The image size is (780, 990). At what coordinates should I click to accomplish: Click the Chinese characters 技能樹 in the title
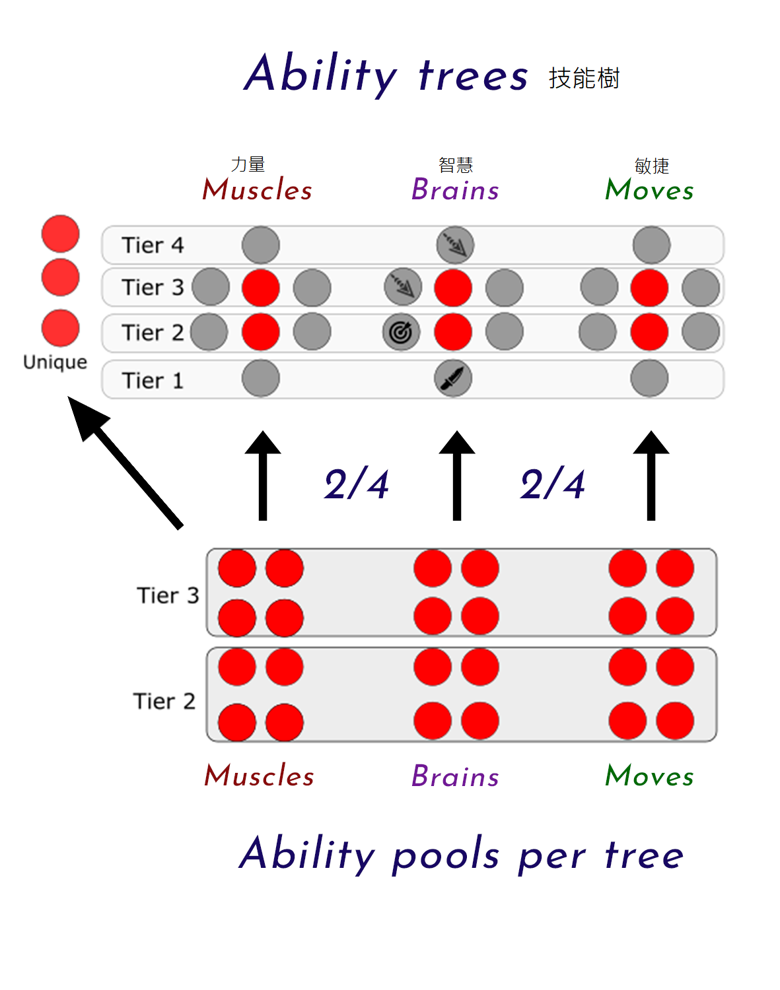[x=584, y=78]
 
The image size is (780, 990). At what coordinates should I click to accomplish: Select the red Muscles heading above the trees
[x=257, y=190]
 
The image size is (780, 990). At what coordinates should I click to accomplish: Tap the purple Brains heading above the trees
[x=455, y=190]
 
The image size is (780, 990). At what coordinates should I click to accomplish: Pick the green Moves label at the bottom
[x=649, y=776]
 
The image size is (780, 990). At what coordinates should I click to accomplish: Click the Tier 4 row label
[x=153, y=246]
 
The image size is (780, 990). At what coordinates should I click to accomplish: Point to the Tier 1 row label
[x=153, y=381]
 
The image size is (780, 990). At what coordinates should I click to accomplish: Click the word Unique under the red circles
[x=55, y=362]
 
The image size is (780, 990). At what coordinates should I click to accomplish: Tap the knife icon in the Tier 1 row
[x=453, y=379]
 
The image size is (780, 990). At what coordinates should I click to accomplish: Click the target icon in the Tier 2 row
[x=401, y=332]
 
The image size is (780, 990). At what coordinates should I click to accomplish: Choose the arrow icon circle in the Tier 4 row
[x=455, y=245]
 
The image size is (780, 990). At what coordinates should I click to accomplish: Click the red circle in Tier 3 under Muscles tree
[x=261, y=288]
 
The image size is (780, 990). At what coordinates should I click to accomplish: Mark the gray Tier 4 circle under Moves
[x=651, y=245]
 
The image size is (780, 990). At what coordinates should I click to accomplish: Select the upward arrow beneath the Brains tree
[x=456, y=475]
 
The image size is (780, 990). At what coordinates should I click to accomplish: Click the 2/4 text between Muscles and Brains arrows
[x=357, y=485]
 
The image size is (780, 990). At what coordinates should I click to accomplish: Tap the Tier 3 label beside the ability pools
[x=168, y=595]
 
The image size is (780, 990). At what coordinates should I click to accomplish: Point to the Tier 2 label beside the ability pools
[x=164, y=701]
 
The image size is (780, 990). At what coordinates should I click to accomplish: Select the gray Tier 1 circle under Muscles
[x=261, y=379]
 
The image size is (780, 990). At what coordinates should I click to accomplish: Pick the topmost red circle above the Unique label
[x=60, y=234]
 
